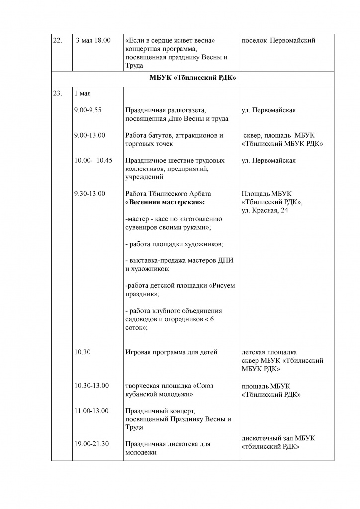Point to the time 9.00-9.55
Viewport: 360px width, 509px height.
tap(88, 110)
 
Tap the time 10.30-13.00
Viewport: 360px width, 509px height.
tap(91, 385)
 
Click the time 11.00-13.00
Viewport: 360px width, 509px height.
tap(91, 411)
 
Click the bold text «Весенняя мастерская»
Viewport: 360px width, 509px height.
tap(165, 202)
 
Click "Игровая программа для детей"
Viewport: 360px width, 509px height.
tap(172, 352)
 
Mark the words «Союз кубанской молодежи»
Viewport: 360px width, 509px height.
tap(169, 390)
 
